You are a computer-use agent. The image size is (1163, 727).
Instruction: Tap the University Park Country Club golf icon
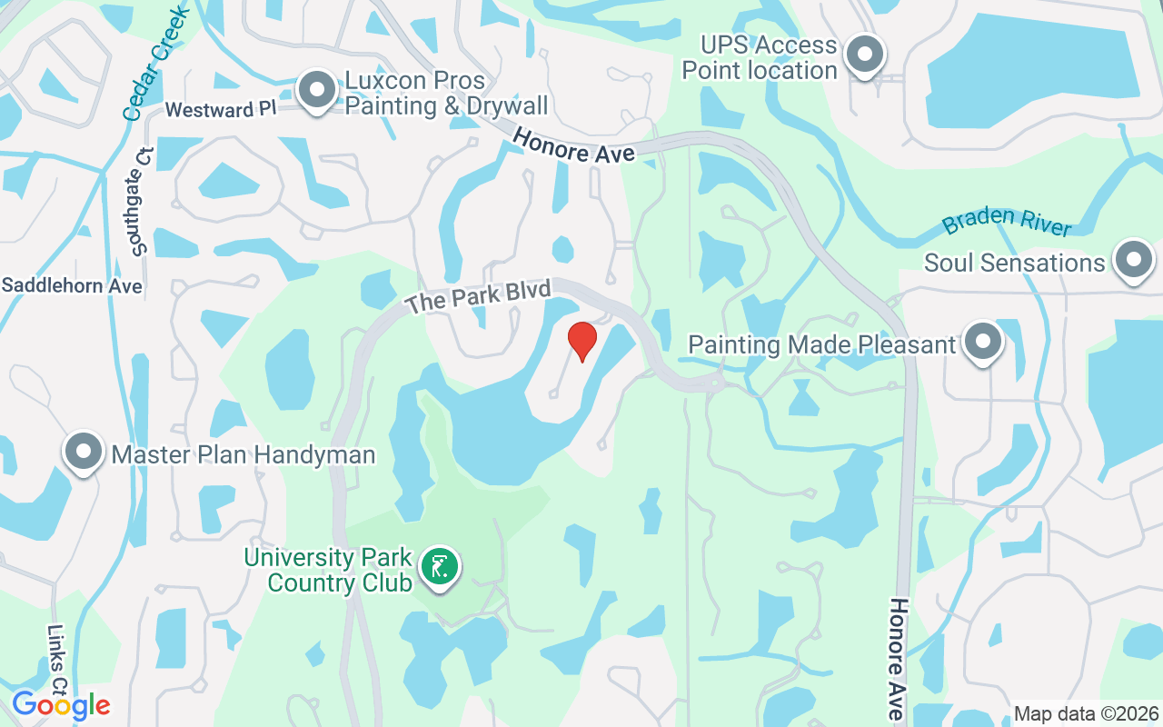pyautogui.click(x=441, y=568)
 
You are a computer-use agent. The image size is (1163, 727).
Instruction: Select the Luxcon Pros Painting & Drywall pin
pyautogui.click(x=317, y=91)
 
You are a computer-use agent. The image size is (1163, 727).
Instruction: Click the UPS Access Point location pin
pyautogui.click(x=865, y=55)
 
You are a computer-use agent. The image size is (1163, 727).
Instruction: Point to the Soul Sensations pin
pyautogui.click(x=1133, y=260)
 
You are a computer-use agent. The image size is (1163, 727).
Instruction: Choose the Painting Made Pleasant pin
pyautogui.click(x=981, y=343)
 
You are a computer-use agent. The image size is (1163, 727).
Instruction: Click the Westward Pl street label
pyautogui.click(x=220, y=110)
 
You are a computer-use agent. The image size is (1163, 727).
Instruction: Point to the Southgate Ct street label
pyautogui.click(x=140, y=201)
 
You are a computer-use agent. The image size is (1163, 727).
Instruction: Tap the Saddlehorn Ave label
pyautogui.click(x=72, y=285)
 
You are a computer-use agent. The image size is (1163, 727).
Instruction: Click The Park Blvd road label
pyautogui.click(x=478, y=297)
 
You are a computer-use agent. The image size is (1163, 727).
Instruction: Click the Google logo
pyautogui.click(x=61, y=705)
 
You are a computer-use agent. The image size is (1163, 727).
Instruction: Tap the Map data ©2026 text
pyautogui.click(x=1086, y=714)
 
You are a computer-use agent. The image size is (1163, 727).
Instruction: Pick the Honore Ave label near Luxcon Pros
pyautogui.click(x=573, y=146)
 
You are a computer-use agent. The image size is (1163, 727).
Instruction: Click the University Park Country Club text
pyautogui.click(x=328, y=570)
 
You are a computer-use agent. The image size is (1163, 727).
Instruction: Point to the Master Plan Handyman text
pyautogui.click(x=244, y=453)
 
